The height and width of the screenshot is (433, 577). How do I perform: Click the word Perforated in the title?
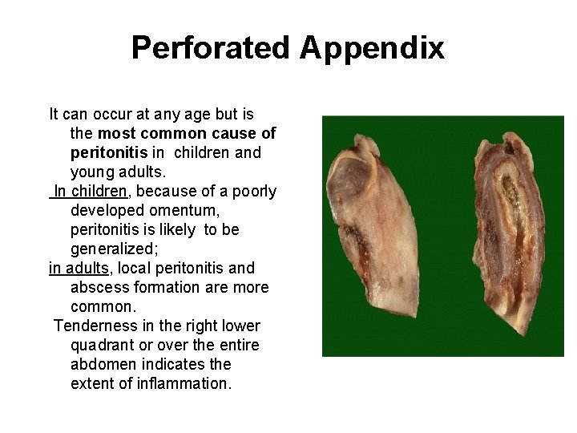coord(212,48)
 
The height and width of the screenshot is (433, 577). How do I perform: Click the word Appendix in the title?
coord(373,48)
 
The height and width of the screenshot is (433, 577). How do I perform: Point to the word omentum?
coord(188,210)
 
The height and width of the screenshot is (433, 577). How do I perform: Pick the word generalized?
coord(111,249)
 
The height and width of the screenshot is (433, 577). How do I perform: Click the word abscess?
coord(98,287)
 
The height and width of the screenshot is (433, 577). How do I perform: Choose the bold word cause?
coord(237,133)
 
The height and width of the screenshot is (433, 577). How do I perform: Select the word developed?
coord(108,210)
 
